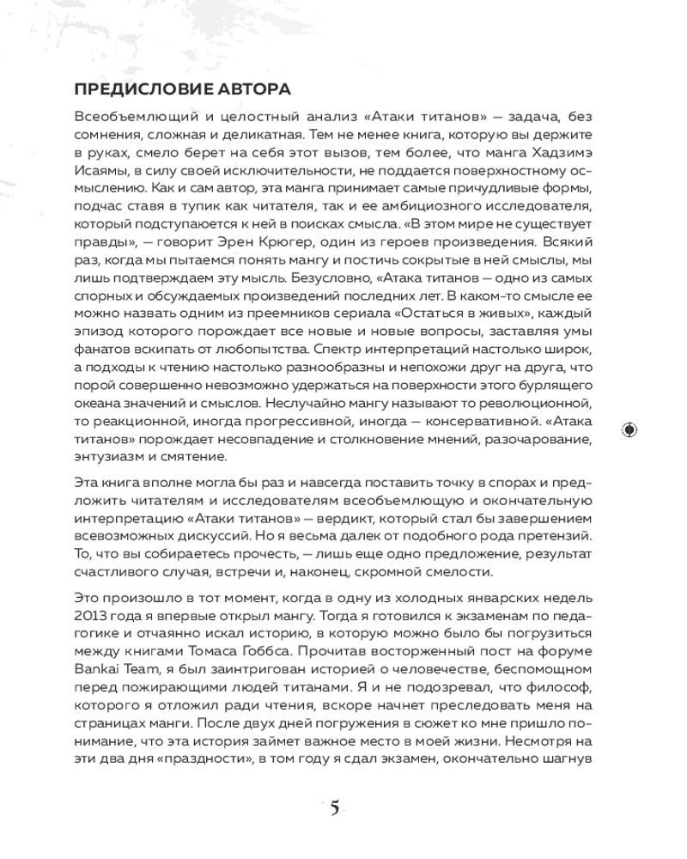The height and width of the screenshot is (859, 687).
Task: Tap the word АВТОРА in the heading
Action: click(x=254, y=89)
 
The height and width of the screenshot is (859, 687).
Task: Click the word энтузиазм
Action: click(x=106, y=456)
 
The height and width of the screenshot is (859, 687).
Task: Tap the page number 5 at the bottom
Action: click(x=334, y=808)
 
